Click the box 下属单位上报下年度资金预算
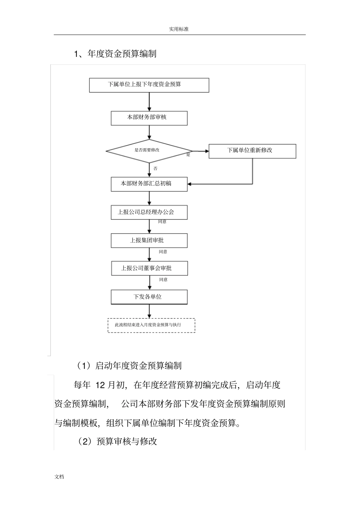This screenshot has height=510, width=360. click(149, 85)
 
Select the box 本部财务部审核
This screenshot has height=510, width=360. click(149, 118)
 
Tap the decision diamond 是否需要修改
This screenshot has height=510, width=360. click(149, 151)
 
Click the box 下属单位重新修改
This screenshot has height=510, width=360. click(252, 151)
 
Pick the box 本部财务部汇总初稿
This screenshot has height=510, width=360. click(149, 184)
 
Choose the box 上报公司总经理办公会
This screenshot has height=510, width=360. click(149, 212)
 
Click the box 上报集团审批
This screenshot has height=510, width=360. click(149, 240)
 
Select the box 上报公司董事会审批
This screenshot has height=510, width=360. click(149, 268)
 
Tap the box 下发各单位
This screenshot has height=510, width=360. click(149, 297)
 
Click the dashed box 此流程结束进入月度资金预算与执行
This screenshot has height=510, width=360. click(151, 325)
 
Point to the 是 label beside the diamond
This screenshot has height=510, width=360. click(188, 155)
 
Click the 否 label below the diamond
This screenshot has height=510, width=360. click(155, 168)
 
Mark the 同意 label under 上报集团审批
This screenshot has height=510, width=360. click(163, 251)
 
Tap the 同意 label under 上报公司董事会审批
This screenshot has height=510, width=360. click(163, 279)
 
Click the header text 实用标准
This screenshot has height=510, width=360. click(178, 29)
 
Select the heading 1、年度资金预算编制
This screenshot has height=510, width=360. click(115, 54)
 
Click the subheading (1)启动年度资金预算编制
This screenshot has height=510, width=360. click(129, 366)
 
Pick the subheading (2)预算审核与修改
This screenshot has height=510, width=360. click(117, 441)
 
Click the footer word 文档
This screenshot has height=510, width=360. click(59, 477)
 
